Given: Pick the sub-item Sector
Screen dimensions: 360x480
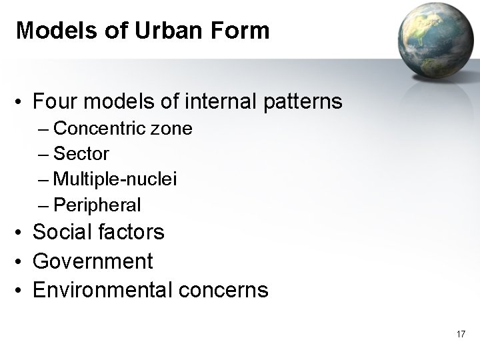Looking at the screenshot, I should point(81,153).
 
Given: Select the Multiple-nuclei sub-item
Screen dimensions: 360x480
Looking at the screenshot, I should point(115,179).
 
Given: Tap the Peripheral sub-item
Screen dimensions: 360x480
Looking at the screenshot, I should point(97,205).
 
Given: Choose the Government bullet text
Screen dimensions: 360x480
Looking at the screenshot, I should point(93,261).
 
